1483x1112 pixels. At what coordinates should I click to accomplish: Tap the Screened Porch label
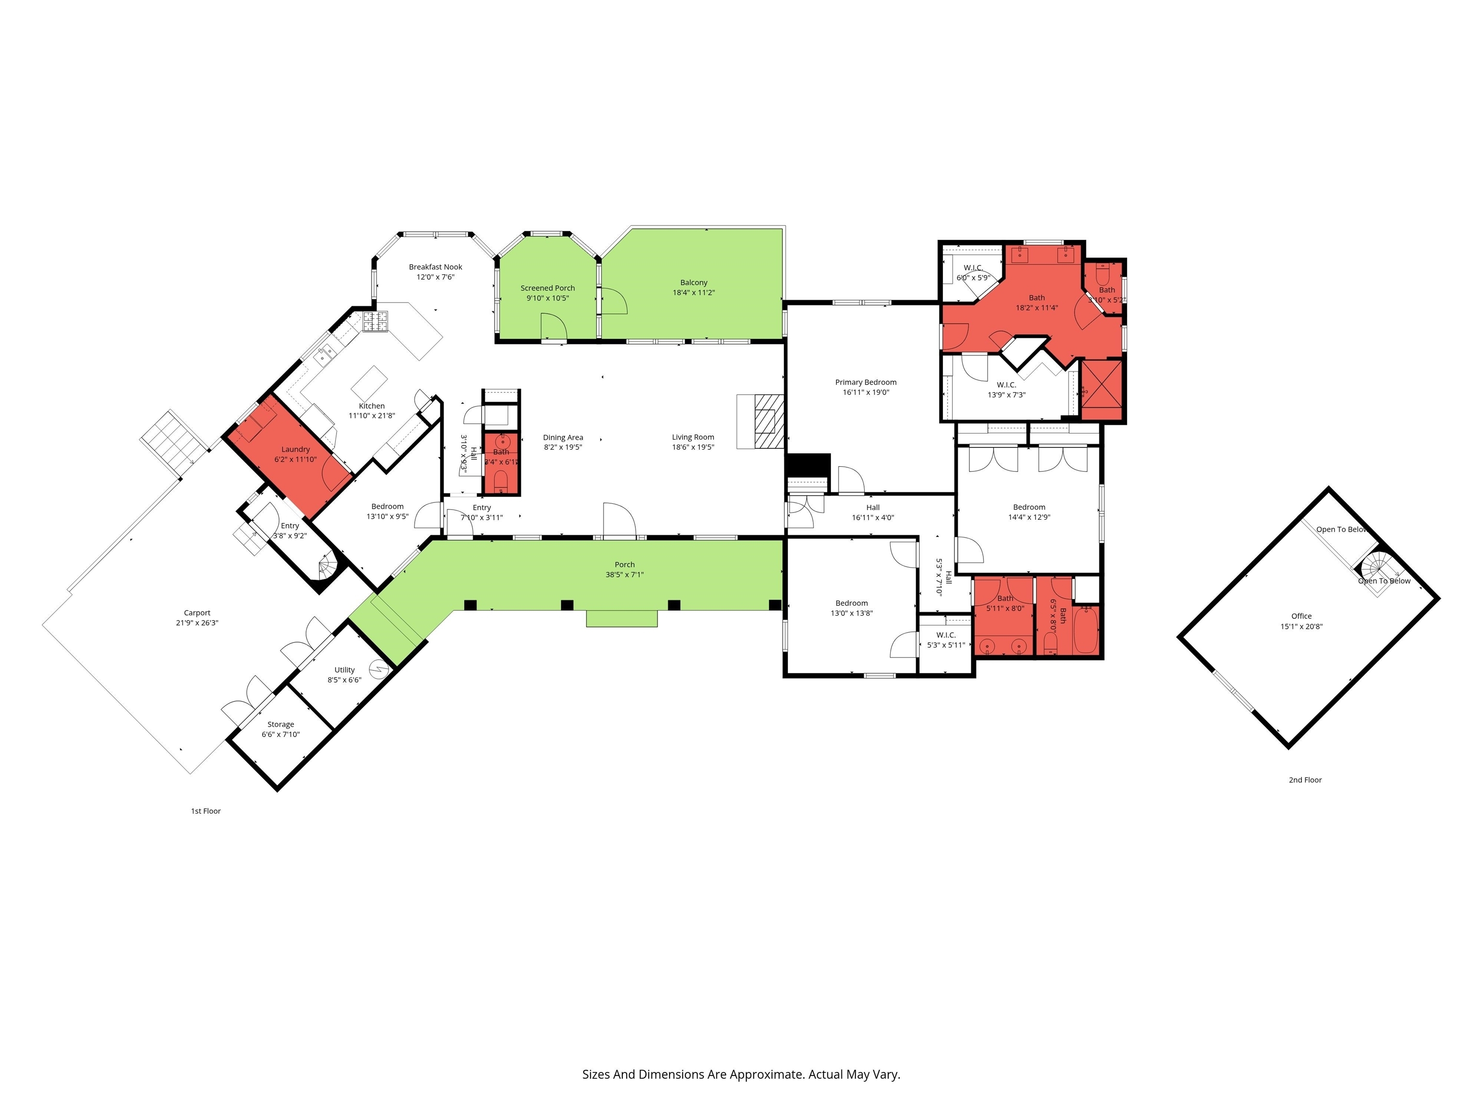point(548,288)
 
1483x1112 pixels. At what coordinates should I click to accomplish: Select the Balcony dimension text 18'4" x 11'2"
point(694,293)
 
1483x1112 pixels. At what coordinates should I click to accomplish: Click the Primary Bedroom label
point(866,382)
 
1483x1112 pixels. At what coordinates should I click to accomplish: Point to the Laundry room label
point(295,449)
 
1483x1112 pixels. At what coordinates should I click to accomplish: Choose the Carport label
point(197,612)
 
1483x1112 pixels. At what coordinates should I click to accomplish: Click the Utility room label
point(345,669)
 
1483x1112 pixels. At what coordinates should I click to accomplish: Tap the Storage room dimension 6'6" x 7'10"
point(281,735)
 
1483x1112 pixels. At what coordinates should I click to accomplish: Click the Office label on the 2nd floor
point(1301,616)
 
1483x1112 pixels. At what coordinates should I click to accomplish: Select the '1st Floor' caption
point(206,811)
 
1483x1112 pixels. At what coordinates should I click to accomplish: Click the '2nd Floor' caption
point(1305,779)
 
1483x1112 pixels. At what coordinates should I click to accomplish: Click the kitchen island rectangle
point(369,383)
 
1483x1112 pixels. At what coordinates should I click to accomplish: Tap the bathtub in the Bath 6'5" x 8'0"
point(1085,630)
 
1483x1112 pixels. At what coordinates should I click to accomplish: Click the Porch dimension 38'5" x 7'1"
point(625,574)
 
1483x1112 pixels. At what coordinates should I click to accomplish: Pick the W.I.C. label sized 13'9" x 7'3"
point(1007,385)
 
